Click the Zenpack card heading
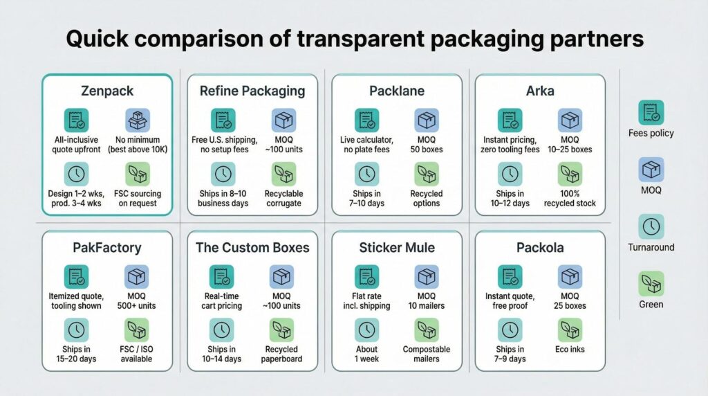pyautogui.click(x=107, y=91)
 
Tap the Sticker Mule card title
pyautogui.click(x=397, y=247)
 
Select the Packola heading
pyautogui.click(x=540, y=247)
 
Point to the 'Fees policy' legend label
pyautogui.click(x=651, y=133)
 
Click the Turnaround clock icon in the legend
pyautogui.click(x=651, y=226)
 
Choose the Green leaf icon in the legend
pyautogui.click(x=651, y=283)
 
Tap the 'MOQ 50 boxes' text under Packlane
pyautogui.click(x=426, y=145)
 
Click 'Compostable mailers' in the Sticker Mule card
pyautogui.click(x=426, y=354)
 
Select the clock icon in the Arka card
pyautogui.click(x=510, y=174)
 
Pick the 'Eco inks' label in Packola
pyautogui.click(x=570, y=349)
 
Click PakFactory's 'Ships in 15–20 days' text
pyautogui.click(x=76, y=354)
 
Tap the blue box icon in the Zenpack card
pyautogui.click(x=138, y=120)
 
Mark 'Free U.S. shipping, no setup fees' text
pyautogui.click(x=225, y=145)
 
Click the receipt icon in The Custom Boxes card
pyautogui.click(x=222, y=277)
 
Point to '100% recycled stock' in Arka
pyautogui.click(x=570, y=199)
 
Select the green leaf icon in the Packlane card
pyautogui.click(x=426, y=174)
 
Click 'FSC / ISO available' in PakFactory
pyautogui.click(x=136, y=354)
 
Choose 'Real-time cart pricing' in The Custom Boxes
pyautogui.click(x=222, y=301)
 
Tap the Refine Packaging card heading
pyautogui.click(x=252, y=91)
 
